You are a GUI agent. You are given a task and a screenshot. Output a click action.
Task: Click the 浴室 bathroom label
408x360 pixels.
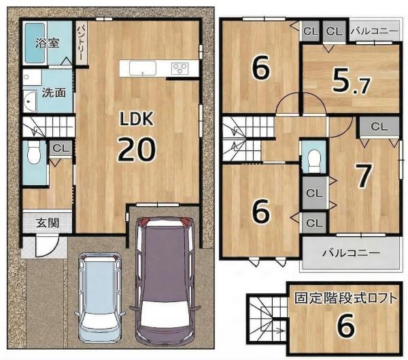(48, 44)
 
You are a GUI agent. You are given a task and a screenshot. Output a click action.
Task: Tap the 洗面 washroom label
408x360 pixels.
(54, 93)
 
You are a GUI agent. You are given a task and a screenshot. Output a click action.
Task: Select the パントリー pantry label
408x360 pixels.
(81, 42)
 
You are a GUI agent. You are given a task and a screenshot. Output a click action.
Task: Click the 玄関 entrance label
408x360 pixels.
(48, 223)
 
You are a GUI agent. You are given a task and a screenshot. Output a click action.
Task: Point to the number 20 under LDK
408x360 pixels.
(137, 149)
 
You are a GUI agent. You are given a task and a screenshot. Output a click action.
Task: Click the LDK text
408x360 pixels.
(136, 119)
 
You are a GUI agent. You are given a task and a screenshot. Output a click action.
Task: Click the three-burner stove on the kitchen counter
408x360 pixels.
(180, 69)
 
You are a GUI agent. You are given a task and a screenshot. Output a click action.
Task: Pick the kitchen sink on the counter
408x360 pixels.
(143, 68)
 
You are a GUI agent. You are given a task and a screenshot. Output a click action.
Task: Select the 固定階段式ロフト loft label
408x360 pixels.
(346, 299)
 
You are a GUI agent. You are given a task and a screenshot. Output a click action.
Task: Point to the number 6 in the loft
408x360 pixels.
(346, 325)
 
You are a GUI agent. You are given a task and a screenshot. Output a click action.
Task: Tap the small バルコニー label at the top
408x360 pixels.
(374, 31)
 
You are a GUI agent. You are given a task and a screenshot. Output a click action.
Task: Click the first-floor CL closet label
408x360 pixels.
(61, 148)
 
